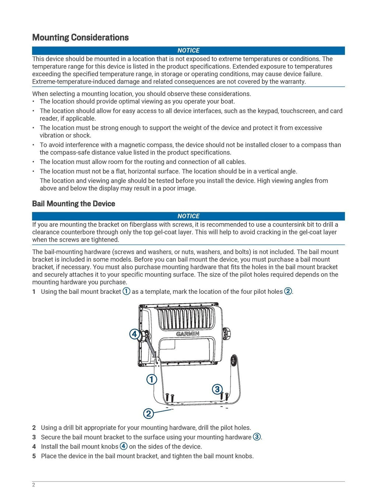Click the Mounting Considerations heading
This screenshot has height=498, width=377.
(x=80, y=38)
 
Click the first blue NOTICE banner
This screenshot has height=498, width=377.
(x=188, y=50)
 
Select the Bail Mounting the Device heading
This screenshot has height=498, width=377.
(x=74, y=204)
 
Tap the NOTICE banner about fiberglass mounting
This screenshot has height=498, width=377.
(x=188, y=216)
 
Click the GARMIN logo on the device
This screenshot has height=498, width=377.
(x=187, y=334)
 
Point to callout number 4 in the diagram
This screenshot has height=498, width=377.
(x=134, y=334)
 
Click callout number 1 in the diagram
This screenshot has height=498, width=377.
(x=152, y=379)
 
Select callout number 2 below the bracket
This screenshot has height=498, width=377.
(x=148, y=413)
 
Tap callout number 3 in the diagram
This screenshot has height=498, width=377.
(x=217, y=389)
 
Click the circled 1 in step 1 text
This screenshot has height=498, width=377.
(x=126, y=291)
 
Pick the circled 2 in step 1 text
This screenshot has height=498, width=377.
(x=288, y=291)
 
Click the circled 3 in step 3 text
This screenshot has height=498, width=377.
(x=257, y=437)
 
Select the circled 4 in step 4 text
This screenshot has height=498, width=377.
(x=124, y=446)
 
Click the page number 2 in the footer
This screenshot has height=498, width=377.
(x=34, y=485)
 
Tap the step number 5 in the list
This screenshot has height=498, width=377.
(x=34, y=456)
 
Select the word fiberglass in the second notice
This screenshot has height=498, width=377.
(x=145, y=225)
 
